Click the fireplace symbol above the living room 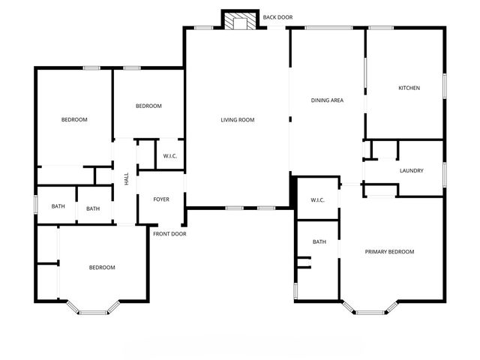pyautogui.click(x=241, y=21)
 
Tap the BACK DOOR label pyautogui.click(x=277, y=16)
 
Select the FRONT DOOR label pyautogui.click(x=169, y=234)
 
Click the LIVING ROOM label pyautogui.click(x=238, y=120)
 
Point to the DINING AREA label pyautogui.click(x=327, y=100)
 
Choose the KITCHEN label pyautogui.click(x=409, y=88)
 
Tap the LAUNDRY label pyautogui.click(x=411, y=171)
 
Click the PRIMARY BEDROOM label pyautogui.click(x=389, y=252)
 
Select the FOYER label pyautogui.click(x=161, y=199)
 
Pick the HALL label pyautogui.click(x=127, y=180)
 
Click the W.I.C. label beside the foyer pyautogui.click(x=170, y=156)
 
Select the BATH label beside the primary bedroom pyautogui.click(x=319, y=241)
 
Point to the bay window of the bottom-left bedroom pyautogui.click(x=94, y=310)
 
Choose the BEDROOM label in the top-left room pyautogui.click(x=74, y=120)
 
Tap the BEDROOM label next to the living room pyautogui.click(x=148, y=106)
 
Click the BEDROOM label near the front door pyautogui.click(x=102, y=268)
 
